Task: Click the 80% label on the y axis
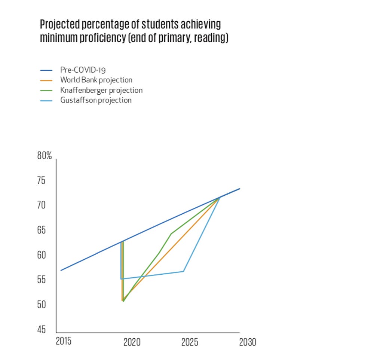pyautogui.click(x=45, y=156)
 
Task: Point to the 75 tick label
pyautogui.click(x=41, y=181)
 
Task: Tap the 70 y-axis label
pyautogui.click(x=41, y=205)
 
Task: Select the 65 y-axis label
pyautogui.click(x=41, y=230)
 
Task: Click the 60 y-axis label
pyautogui.click(x=41, y=255)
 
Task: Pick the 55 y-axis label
pyautogui.click(x=41, y=280)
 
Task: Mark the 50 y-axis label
pyautogui.click(x=41, y=305)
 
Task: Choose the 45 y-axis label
pyautogui.click(x=41, y=330)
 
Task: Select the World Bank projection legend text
pyautogui.click(x=96, y=80)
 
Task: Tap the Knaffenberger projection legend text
pyautogui.click(x=101, y=90)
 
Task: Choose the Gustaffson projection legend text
pyautogui.click(x=96, y=100)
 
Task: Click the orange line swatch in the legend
pyautogui.click(x=46, y=80)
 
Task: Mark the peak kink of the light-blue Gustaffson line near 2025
pyautogui.click(x=183, y=271)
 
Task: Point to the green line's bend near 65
pyautogui.click(x=171, y=234)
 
